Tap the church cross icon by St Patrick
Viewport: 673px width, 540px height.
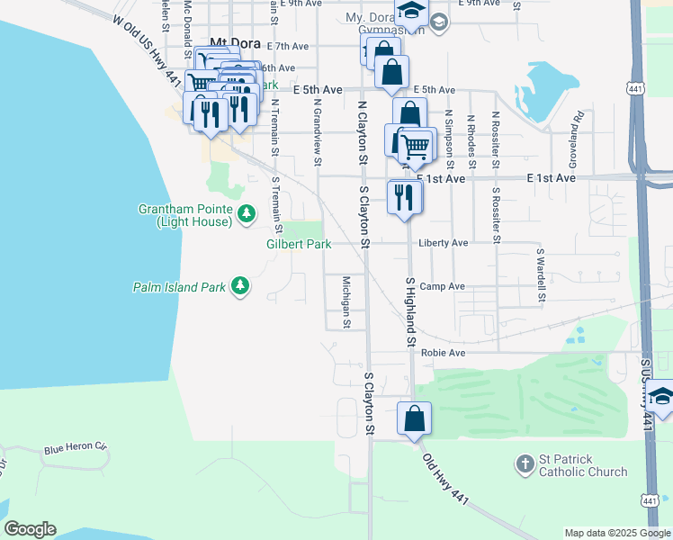[525, 464]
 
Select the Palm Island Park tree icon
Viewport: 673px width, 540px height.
[239, 286]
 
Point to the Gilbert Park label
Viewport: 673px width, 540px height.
[299, 244]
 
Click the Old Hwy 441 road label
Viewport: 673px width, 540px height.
[446, 476]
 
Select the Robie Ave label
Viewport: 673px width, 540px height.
[443, 353]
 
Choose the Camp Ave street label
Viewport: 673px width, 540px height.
[442, 286]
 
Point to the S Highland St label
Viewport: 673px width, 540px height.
[409, 311]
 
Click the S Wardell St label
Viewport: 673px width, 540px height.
[541, 274]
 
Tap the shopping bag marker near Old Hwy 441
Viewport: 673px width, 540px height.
[414, 419]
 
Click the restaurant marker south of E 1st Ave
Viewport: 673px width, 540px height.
[404, 197]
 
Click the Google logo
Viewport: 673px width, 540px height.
[29, 529]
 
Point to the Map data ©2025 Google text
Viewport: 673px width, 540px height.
[616, 533]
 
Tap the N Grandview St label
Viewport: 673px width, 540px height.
[317, 132]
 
